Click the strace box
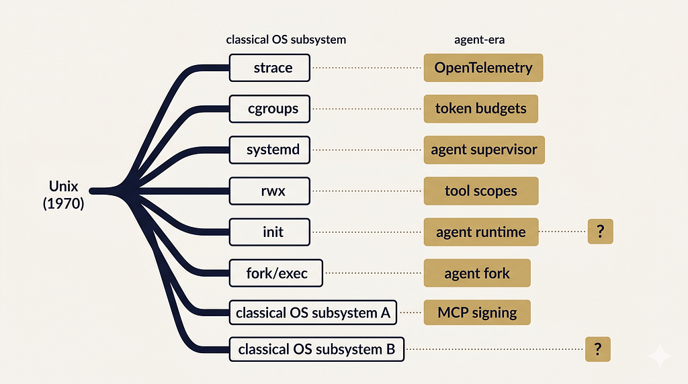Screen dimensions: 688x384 coord(269,68)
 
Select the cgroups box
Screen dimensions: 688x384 coord(269,109)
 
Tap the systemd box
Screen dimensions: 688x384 coord(269,150)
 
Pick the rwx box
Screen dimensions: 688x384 coord(269,191)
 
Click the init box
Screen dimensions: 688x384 coord(269,232)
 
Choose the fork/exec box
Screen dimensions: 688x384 coord(276,273)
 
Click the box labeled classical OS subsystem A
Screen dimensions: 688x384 coord(313,313)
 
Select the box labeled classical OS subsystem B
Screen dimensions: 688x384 coord(316,349)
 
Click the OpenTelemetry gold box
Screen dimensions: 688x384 coord(483,68)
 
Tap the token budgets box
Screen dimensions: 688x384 coord(481,109)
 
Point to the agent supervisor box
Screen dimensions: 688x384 coord(484,150)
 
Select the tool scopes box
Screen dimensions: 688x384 coord(481,191)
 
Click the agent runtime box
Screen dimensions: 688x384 coord(481,232)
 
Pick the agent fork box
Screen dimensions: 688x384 coord(477,273)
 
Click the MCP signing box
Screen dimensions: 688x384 coord(477,313)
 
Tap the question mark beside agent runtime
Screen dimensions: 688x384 coord(600,232)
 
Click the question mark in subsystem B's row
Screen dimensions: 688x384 coord(597,349)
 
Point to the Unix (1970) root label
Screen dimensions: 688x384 coord(64,195)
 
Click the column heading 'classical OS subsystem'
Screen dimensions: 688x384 coord(286,40)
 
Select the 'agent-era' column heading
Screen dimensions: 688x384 coord(479,40)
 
